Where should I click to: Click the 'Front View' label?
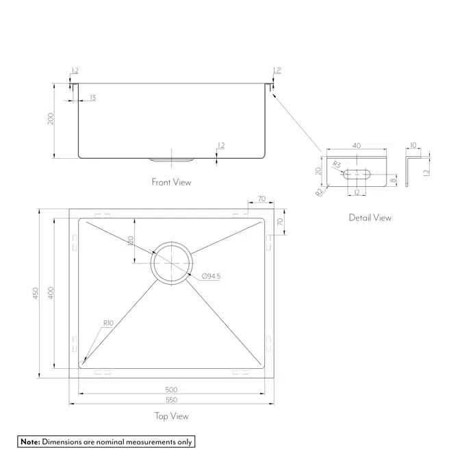click(x=171, y=182)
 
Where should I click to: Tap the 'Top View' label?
click(x=171, y=415)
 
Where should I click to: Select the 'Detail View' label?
click(x=370, y=218)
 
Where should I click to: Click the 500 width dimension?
click(x=171, y=389)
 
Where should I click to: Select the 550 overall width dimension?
click(x=171, y=400)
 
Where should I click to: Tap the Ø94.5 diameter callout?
click(x=211, y=276)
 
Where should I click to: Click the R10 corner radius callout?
click(x=107, y=322)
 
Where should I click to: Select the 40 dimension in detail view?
click(x=357, y=145)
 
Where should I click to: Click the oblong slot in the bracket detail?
click(x=357, y=173)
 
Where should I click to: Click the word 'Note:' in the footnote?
click(x=30, y=442)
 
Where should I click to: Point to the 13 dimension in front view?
click(x=92, y=99)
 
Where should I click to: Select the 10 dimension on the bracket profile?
click(x=413, y=145)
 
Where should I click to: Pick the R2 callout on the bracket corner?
click(x=320, y=192)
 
